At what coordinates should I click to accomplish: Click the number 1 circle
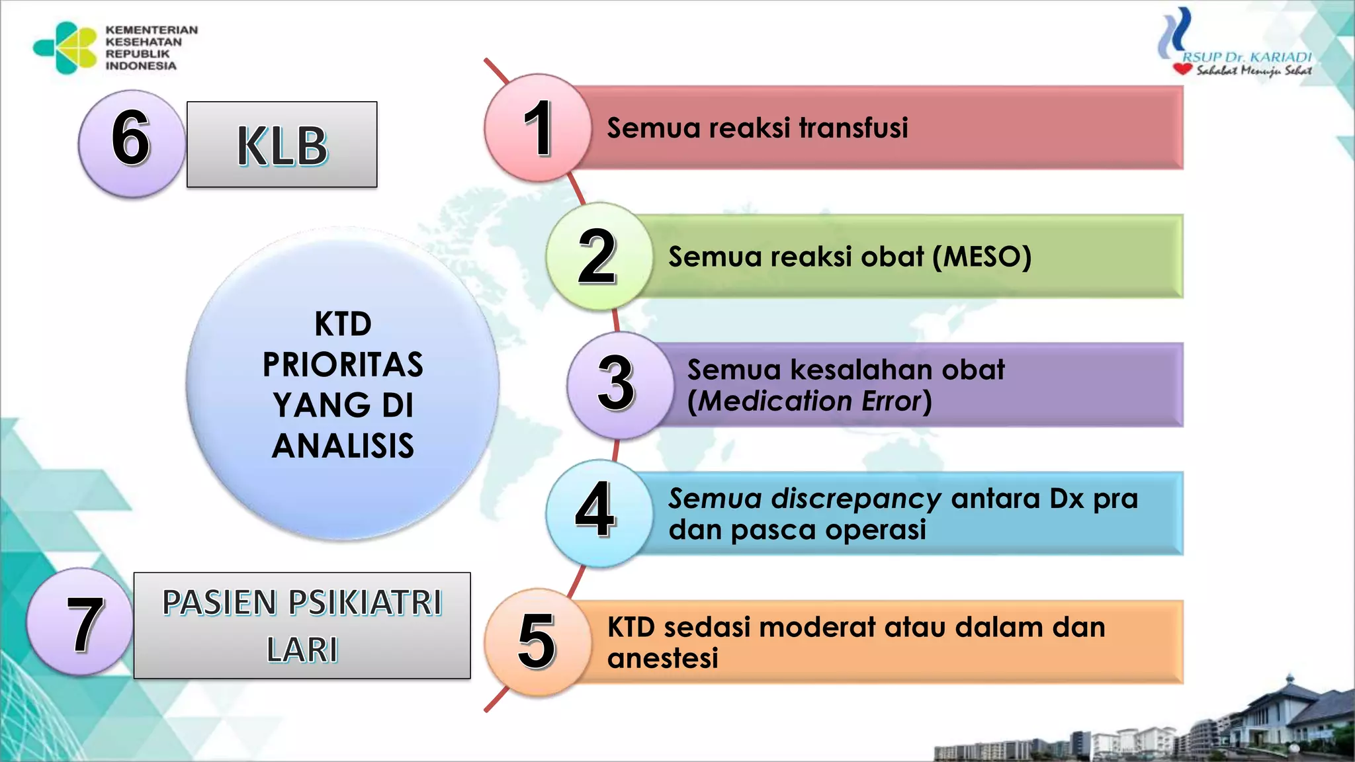(537, 128)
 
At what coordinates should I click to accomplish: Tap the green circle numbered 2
(599, 257)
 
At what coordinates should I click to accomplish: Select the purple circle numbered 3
(619, 385)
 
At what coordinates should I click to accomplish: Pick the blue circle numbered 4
(597, 513)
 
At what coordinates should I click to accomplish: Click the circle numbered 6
(131, 143)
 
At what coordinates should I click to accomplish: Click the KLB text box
(282, 145)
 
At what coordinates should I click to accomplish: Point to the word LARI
(302, 650)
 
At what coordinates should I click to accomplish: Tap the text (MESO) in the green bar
(982, 257)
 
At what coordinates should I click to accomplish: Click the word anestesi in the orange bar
(662, 659)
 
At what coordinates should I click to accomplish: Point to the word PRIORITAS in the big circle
(343, 365)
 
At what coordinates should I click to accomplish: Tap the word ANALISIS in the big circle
(343, 446)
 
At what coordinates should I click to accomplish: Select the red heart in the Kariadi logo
(1182, 69)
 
